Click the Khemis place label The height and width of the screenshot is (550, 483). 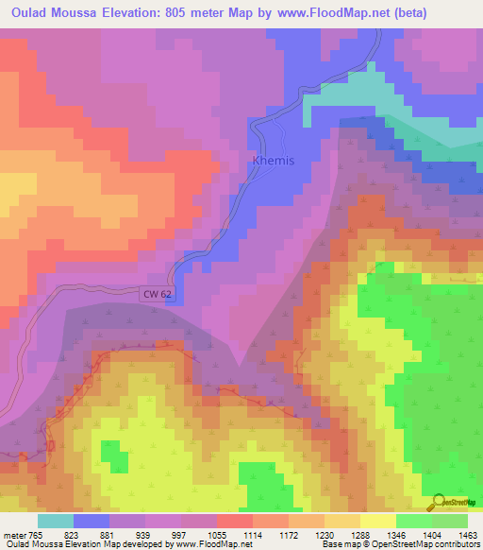click(x=274, y=161)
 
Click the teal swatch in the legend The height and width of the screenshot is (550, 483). click(x=56, y=521)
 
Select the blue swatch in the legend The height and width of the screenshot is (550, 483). click(x=92, y=521)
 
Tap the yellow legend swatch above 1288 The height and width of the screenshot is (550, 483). click(x=378, y=521)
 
